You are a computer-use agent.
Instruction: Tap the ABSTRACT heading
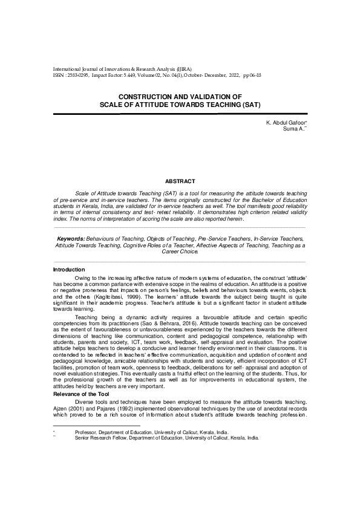tap(180, 181)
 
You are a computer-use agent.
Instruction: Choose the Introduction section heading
tap(69, 269)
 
